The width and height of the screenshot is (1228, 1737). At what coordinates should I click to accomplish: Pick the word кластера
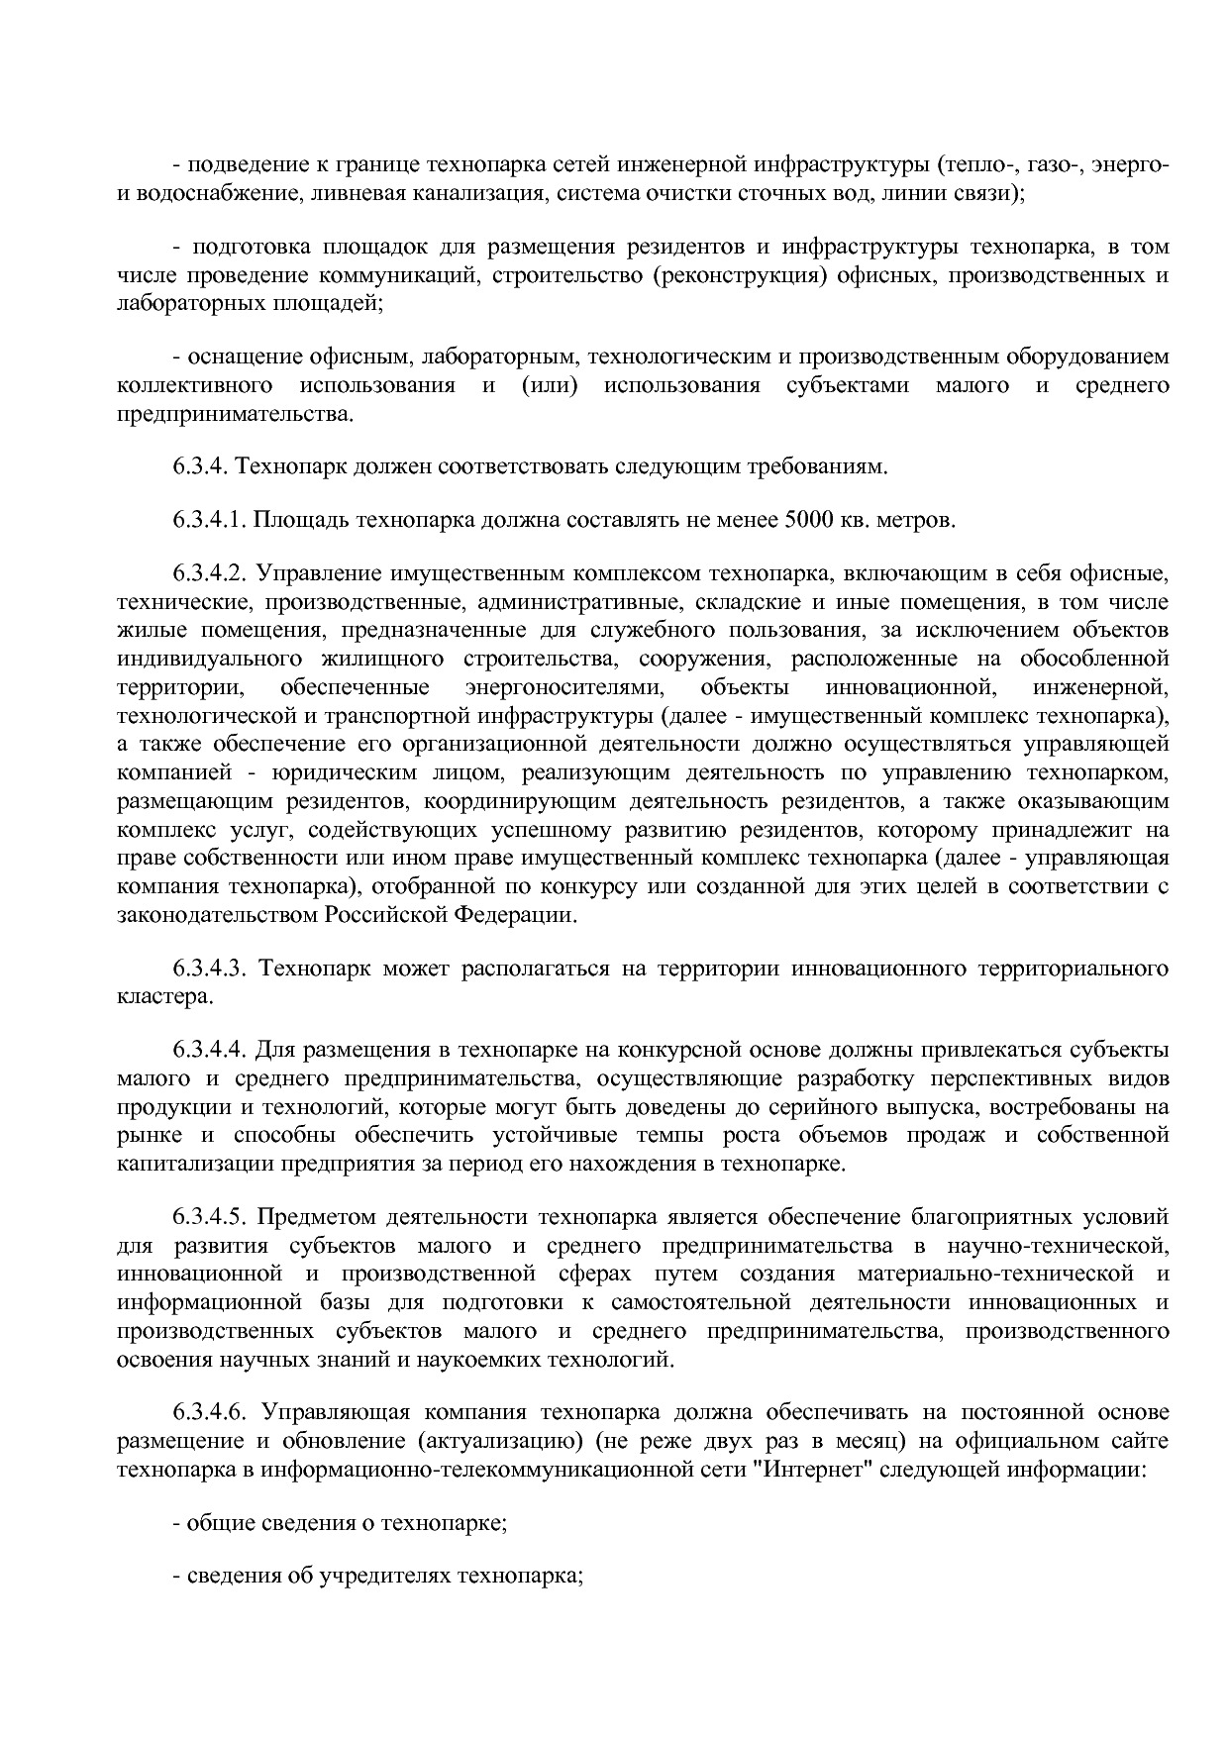[x=163, y=996]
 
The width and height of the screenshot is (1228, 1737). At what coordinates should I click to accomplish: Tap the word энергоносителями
[x=563, y=687]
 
